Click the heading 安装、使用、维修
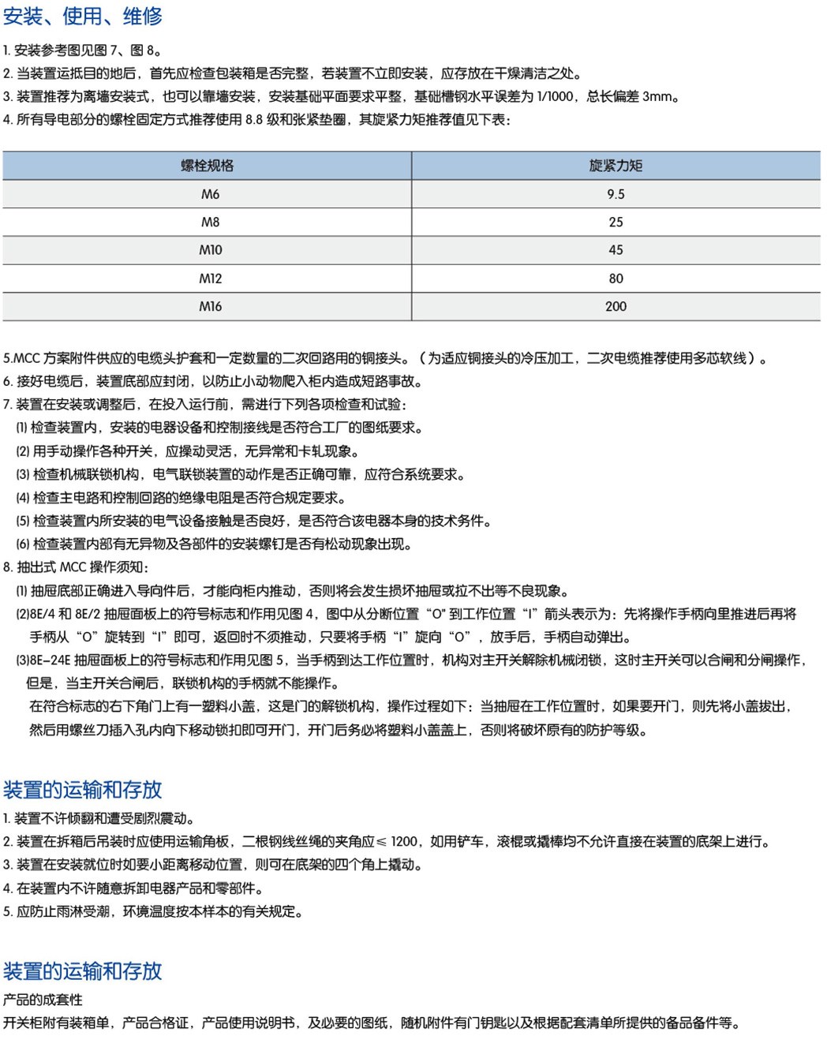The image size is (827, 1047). coord(83,16)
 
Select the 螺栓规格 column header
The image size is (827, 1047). coord(208,166)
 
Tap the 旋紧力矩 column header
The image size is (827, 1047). coord(616,166)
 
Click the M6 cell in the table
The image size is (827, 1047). coord(210,194)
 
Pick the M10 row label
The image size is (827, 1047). coord(210,250)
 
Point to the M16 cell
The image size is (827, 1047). coord(210,306)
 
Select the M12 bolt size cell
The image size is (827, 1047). coord(210,279)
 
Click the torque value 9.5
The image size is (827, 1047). coord(616,194)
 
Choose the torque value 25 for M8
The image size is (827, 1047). coord(616,222)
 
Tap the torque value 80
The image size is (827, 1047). coord(616,279)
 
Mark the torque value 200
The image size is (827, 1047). coord(616,306)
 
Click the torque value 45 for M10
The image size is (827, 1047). coord(616,250)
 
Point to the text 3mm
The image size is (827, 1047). coord(657,97)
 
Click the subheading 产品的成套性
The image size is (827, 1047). coord(43,1000)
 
